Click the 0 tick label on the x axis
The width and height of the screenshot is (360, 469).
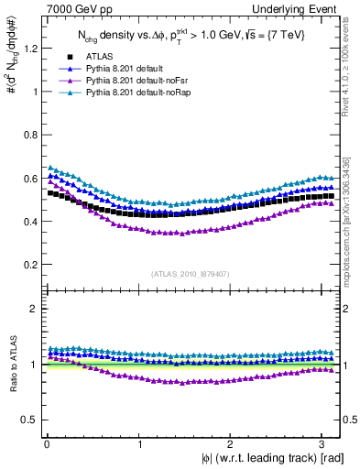(46, 442)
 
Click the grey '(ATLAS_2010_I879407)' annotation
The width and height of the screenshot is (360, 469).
(191, 273)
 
